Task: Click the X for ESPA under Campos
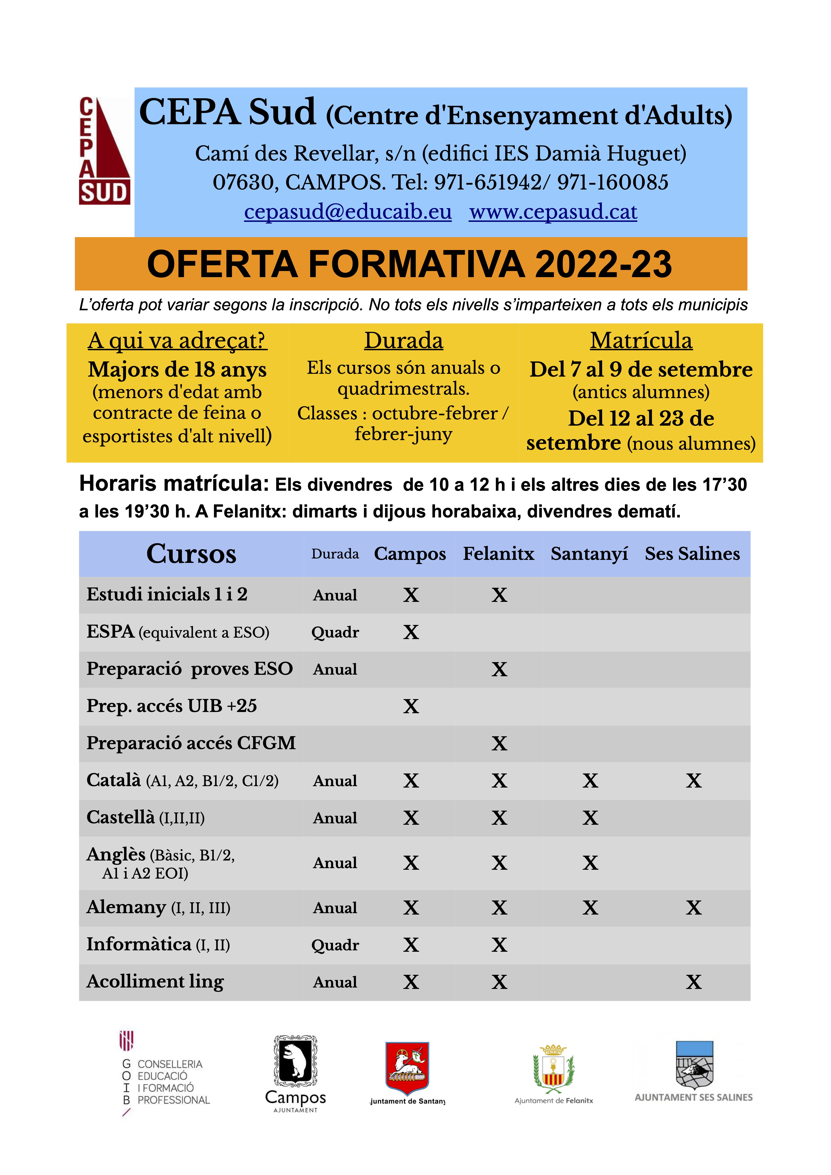pyautogui.click(x=411, y=632)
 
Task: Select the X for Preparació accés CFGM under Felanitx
pyautogui.click(x=499, y=743)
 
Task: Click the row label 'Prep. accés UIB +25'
pyautogui.click(x=172, y=706)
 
